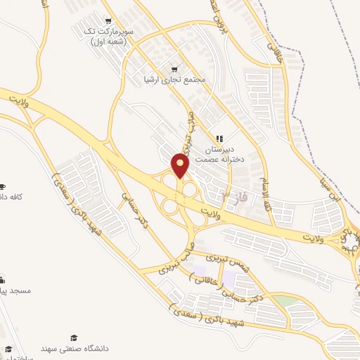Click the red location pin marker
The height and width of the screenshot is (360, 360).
point(181,166)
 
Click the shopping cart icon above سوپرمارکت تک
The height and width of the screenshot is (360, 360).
point(108,21)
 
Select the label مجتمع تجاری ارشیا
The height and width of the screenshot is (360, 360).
point(174,79)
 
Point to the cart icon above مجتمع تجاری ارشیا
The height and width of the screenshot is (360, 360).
point(174,68)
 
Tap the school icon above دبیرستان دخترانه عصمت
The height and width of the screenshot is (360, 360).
point(219,139)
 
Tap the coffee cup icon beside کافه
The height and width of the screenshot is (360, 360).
point(3,186)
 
